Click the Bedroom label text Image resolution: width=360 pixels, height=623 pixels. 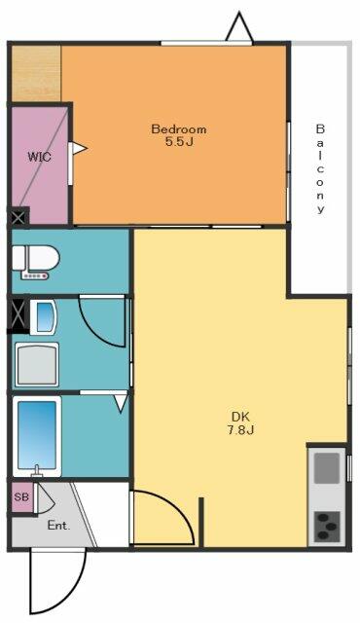coord(179,129)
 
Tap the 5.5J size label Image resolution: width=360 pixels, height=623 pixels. coord(179,142)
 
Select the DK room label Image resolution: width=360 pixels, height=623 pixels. coord(240,417)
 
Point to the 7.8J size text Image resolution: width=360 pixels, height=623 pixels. coord(240,430)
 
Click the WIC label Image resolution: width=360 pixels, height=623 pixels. coord(39,157)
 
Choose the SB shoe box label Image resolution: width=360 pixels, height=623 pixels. coord(21,496)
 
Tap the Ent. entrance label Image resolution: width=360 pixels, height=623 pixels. coord(58,526)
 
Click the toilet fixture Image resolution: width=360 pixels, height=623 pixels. coord(35,262)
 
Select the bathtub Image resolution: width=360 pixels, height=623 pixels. coord(37,436)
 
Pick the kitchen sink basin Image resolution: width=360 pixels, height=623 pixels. coord(327,467)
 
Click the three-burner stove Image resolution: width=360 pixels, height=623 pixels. coord(327,527)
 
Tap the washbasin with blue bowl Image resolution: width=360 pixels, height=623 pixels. coord(43,316)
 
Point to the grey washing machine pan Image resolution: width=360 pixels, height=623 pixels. coord(37,364)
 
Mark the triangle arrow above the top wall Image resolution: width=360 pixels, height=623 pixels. coord(239,27)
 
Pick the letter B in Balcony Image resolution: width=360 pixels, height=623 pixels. coord(320,128)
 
